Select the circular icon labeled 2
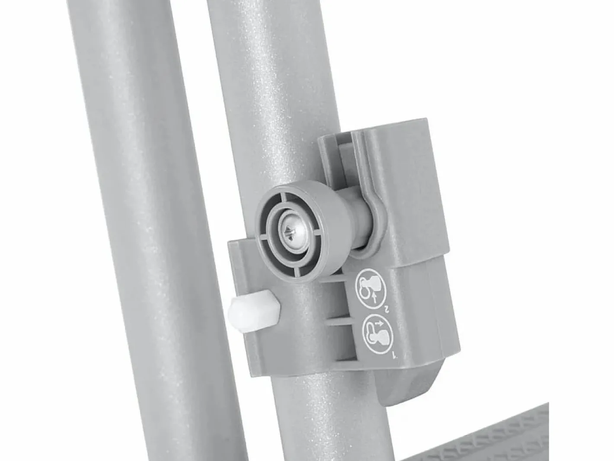(x=371, y=288)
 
